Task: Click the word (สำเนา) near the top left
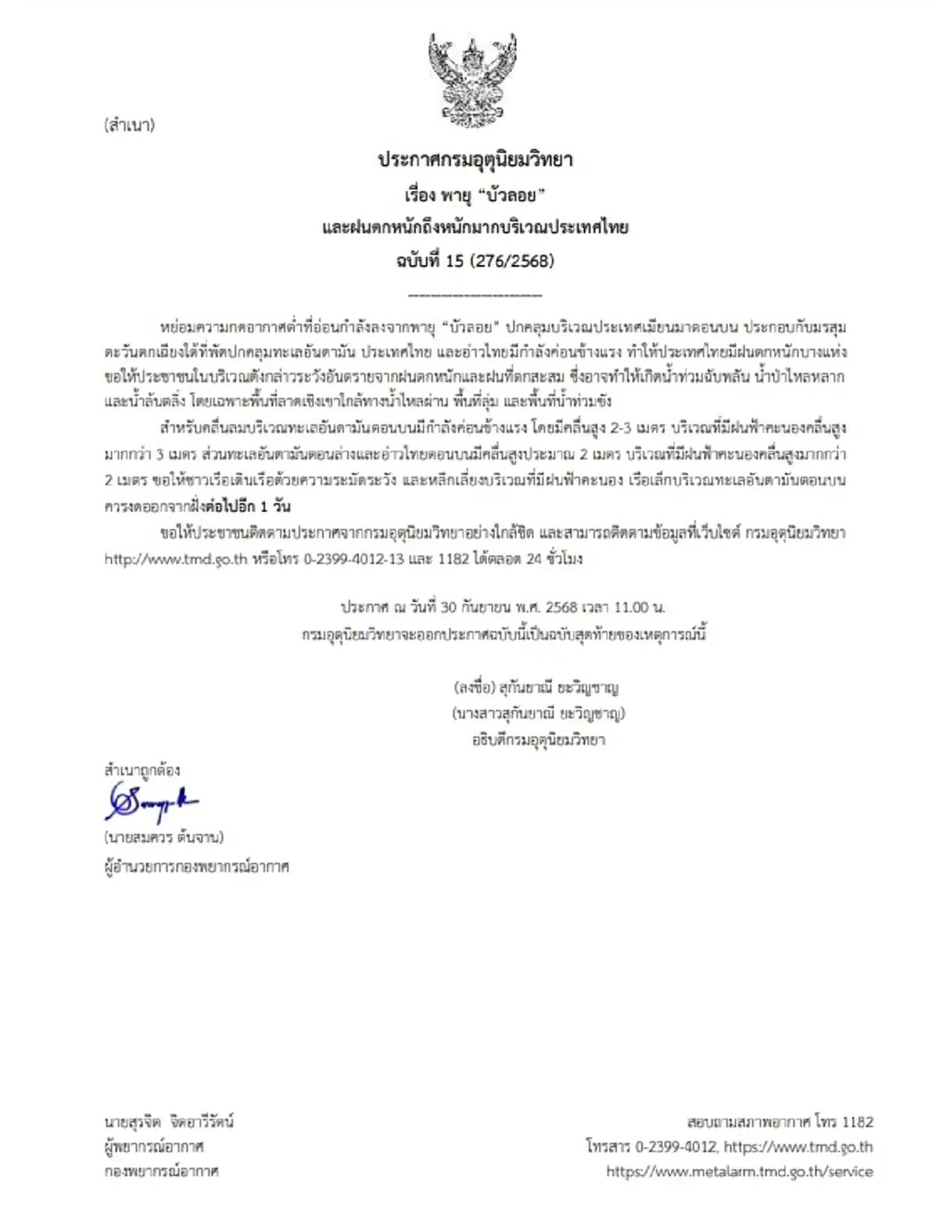pos(129,125)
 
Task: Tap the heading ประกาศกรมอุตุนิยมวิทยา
pos(475,160)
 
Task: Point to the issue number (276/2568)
pos(512,261)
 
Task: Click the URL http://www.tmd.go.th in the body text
pos(175,559)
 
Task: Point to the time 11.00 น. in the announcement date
pos(639,607)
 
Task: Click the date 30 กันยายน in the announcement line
pos(477,607)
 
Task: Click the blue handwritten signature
pos(152,802)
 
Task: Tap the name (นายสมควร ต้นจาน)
pos(164,837)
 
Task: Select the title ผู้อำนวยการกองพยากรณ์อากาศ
pos(197,867)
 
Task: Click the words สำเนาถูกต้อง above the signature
pos(142,770)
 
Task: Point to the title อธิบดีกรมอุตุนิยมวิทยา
pos(538,740)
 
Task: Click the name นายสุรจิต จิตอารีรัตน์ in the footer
pos(169,1122)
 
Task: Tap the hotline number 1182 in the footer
pos(857,1122)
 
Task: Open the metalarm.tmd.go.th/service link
pos(739,1172)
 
